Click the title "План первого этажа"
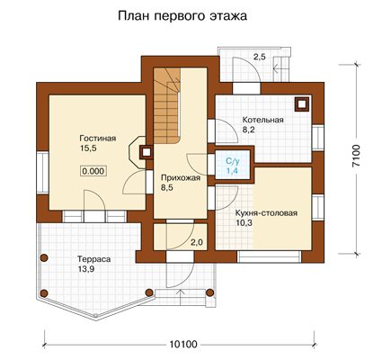click(x=182, y=16)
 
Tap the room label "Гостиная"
click(x=98, y=139)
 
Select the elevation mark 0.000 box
click(x=93, y=171)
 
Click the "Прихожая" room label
click(x=181, y=178)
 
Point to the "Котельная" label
click(x=263, y=120)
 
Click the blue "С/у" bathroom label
click(x=233, y=161)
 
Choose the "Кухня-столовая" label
click(x=266, y=213)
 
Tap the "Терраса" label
click(x=94, y=259)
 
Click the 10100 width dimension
click(x=183, y=344)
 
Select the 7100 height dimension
click(x=356, y=156)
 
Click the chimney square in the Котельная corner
click(x=302, y=104)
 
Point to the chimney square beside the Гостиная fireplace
click(x=146, y=152)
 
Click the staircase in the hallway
click(x=166, y=105)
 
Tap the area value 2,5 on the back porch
click(x=260, y=57)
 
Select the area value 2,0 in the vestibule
click(x=197, y=243)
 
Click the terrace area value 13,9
click(x=86, y=269)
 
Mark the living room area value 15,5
click(x=88, y=148)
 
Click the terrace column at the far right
click(x=210, y=292)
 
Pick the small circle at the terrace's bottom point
click(x=95, y=315)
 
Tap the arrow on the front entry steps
click(x=181, y=298)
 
